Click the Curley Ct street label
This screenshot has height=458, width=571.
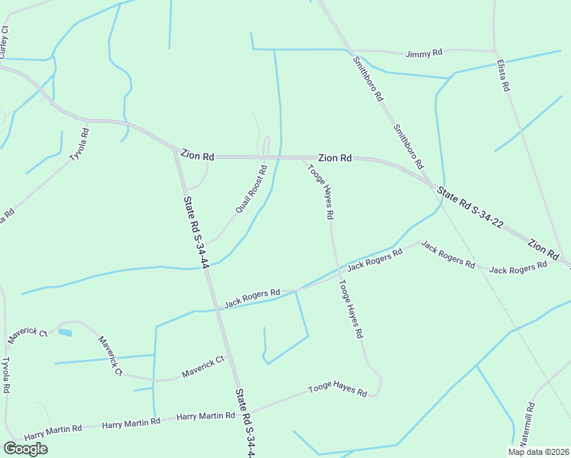[5, 42]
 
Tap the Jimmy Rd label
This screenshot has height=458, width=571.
[424, 53]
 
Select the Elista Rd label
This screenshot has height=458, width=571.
[502, 76]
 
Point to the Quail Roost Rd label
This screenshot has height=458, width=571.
[250, 189]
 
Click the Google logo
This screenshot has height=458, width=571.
[25, 449]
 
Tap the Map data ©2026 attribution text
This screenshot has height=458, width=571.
[538, 452]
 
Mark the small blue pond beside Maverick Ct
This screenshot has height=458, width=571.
[65, 333]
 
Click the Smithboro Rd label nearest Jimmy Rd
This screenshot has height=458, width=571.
[368, 79]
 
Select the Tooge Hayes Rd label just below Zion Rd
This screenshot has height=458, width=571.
[321, 192]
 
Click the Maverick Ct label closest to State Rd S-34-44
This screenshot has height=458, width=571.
[202, 366]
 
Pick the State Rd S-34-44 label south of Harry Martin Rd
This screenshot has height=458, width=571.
[244, 424]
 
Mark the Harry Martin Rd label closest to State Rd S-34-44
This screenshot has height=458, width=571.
[205, 416]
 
